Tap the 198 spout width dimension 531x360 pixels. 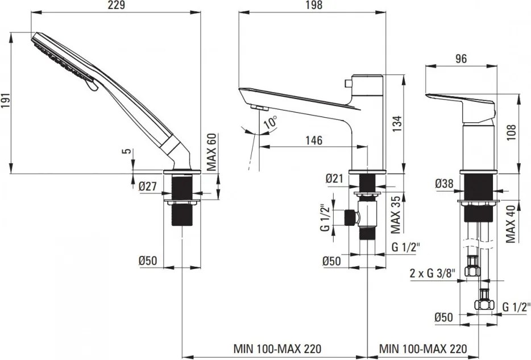(x=313, y=6)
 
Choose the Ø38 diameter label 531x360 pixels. (x=444, y=184)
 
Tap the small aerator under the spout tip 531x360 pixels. (x=259, y=107)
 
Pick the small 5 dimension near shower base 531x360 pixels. (x=130, y=152)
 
